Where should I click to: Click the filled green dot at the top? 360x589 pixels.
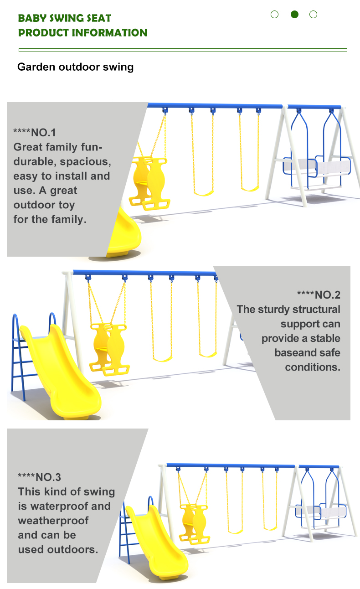tap(294, 14)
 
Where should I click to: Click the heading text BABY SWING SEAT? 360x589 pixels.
tap(65, 18)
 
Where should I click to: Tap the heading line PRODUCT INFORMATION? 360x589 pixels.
tap(83, 33)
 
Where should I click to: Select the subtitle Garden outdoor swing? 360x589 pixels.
tap(75, 67)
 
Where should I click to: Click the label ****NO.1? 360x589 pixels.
tap(35, 133)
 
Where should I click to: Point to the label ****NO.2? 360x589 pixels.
tap(319, 295)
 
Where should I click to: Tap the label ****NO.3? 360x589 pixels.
tap(39, 477)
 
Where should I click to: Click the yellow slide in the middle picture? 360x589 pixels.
tap(60, 371)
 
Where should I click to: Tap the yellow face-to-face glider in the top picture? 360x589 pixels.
tap(149, 183)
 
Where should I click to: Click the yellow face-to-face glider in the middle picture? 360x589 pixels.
tap(109, 349)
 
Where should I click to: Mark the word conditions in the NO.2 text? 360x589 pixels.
tap(313, 367)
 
